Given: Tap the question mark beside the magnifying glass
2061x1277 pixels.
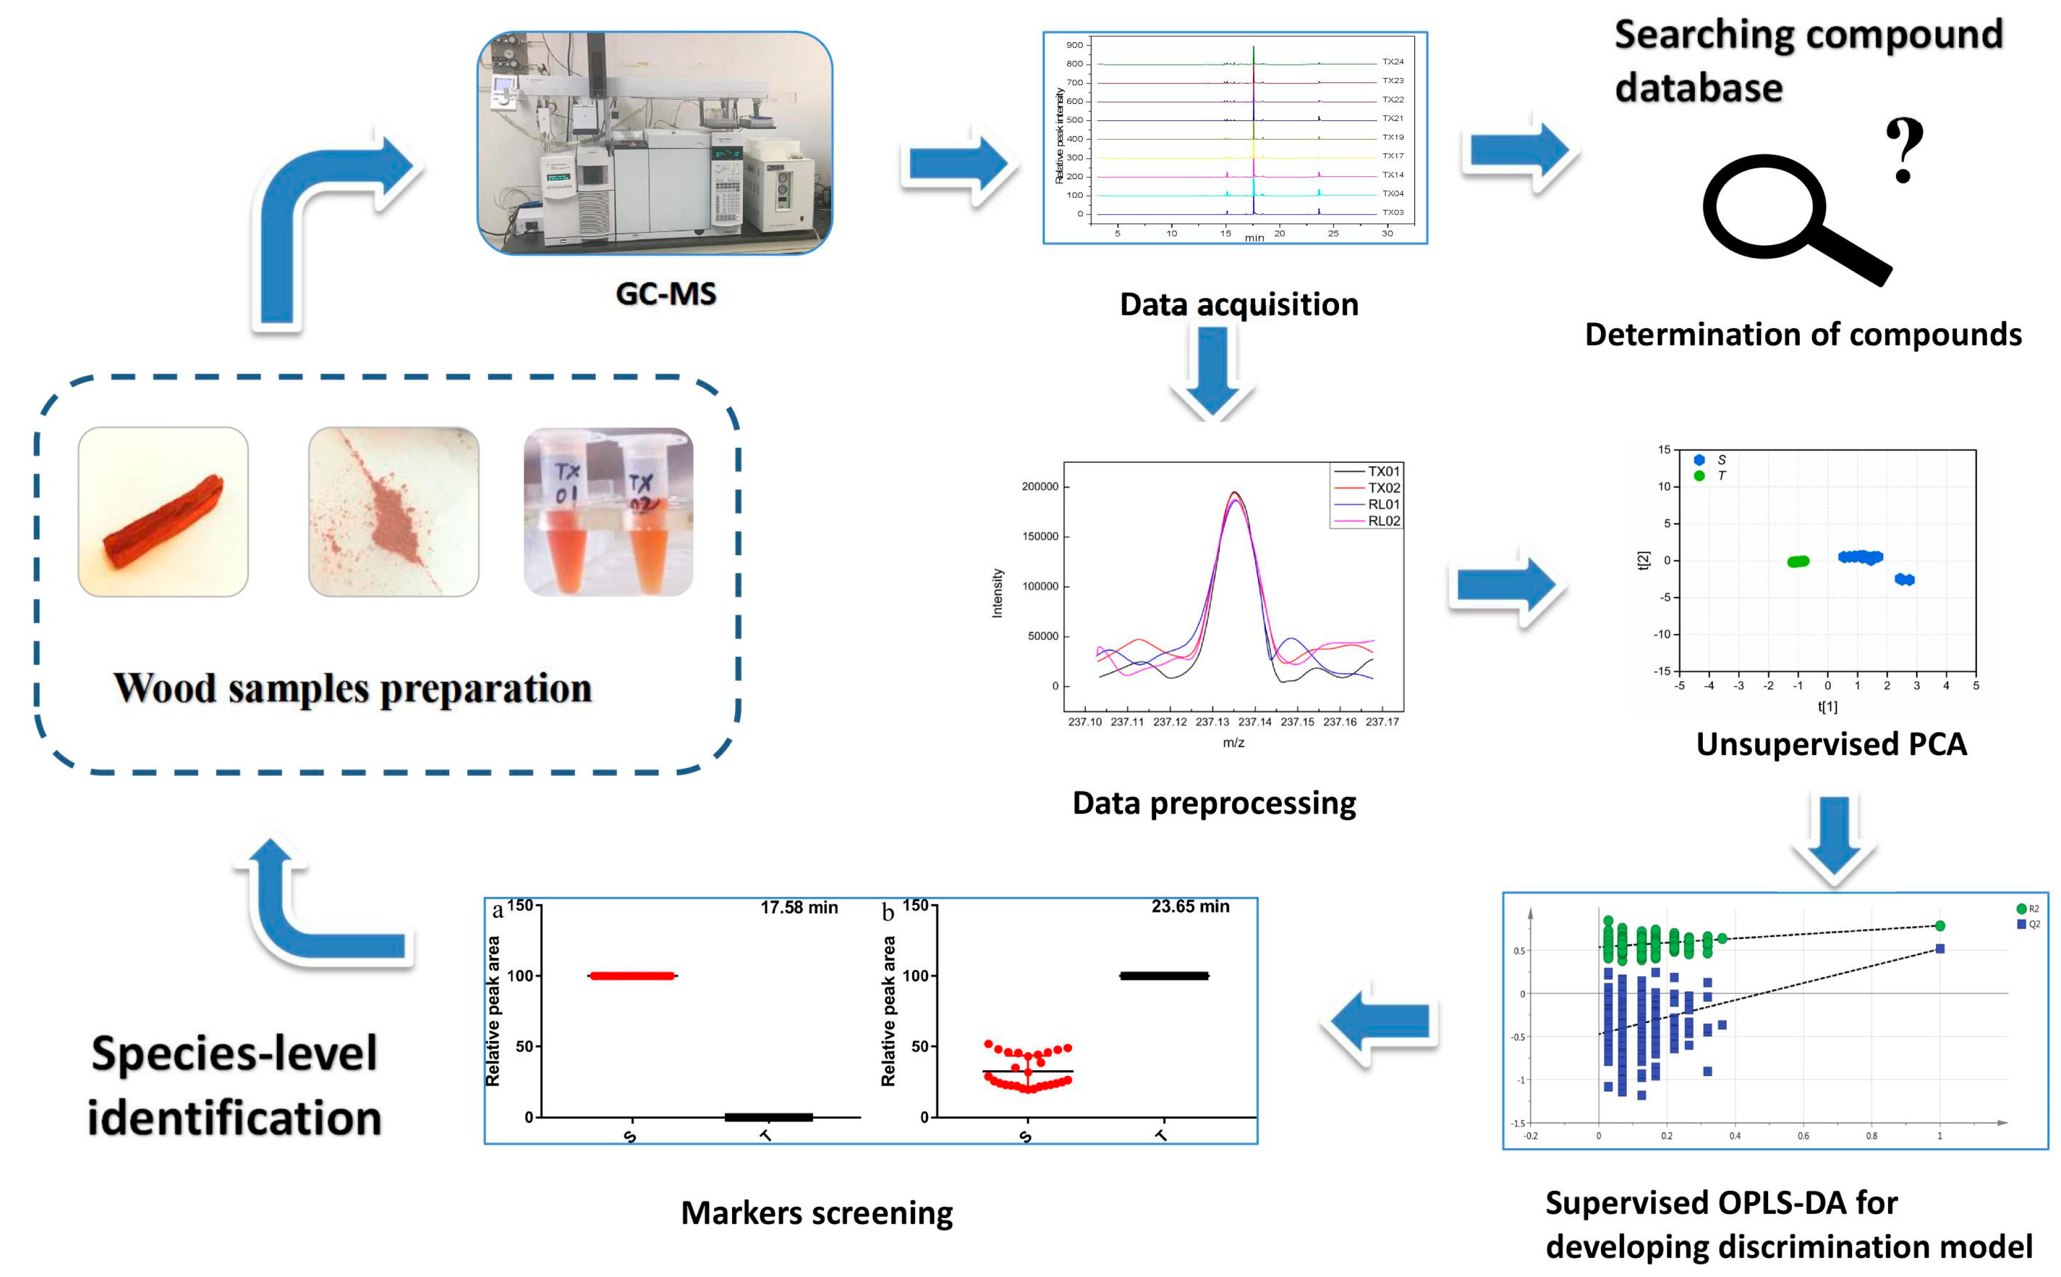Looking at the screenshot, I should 1904,150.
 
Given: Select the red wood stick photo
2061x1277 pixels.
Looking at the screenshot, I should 163,512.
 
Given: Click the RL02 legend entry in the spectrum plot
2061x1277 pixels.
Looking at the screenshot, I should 1383,521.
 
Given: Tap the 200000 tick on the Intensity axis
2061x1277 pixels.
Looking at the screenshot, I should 1039,486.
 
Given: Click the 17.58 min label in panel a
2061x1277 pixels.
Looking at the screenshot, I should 798,907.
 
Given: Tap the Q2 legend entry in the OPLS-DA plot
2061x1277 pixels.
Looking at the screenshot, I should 2029,924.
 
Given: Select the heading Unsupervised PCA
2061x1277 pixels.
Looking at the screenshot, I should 1831,744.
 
